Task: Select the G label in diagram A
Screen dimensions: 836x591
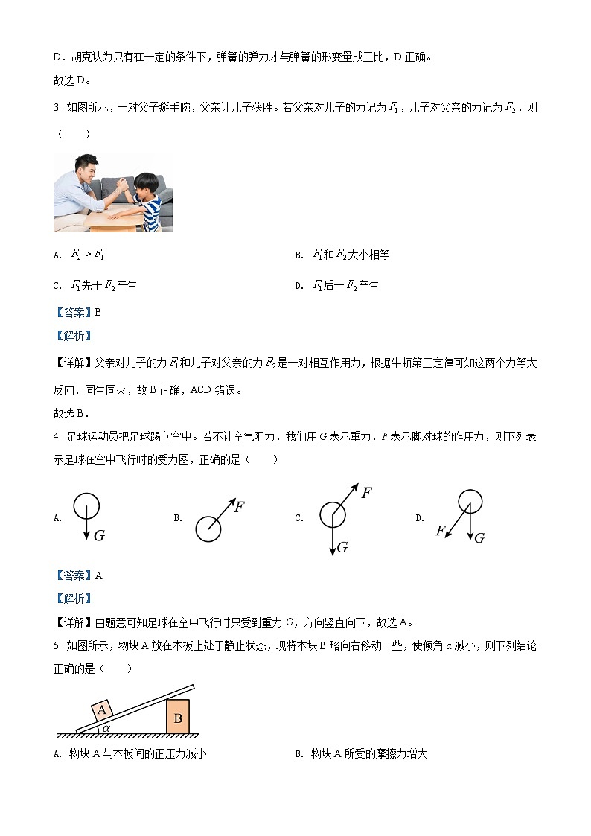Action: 99,535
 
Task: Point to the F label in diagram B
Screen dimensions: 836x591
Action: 239,507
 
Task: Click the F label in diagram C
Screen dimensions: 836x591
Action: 366,492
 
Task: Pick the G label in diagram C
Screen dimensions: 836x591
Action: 342,547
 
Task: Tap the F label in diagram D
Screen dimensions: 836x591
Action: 441,530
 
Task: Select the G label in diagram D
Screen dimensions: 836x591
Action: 479,537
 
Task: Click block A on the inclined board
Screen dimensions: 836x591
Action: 103,710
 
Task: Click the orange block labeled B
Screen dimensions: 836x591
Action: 178,718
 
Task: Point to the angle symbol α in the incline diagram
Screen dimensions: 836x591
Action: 106,727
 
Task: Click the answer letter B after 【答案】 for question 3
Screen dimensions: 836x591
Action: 98,313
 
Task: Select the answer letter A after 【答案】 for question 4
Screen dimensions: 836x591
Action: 98,575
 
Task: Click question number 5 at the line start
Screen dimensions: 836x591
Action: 57,646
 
